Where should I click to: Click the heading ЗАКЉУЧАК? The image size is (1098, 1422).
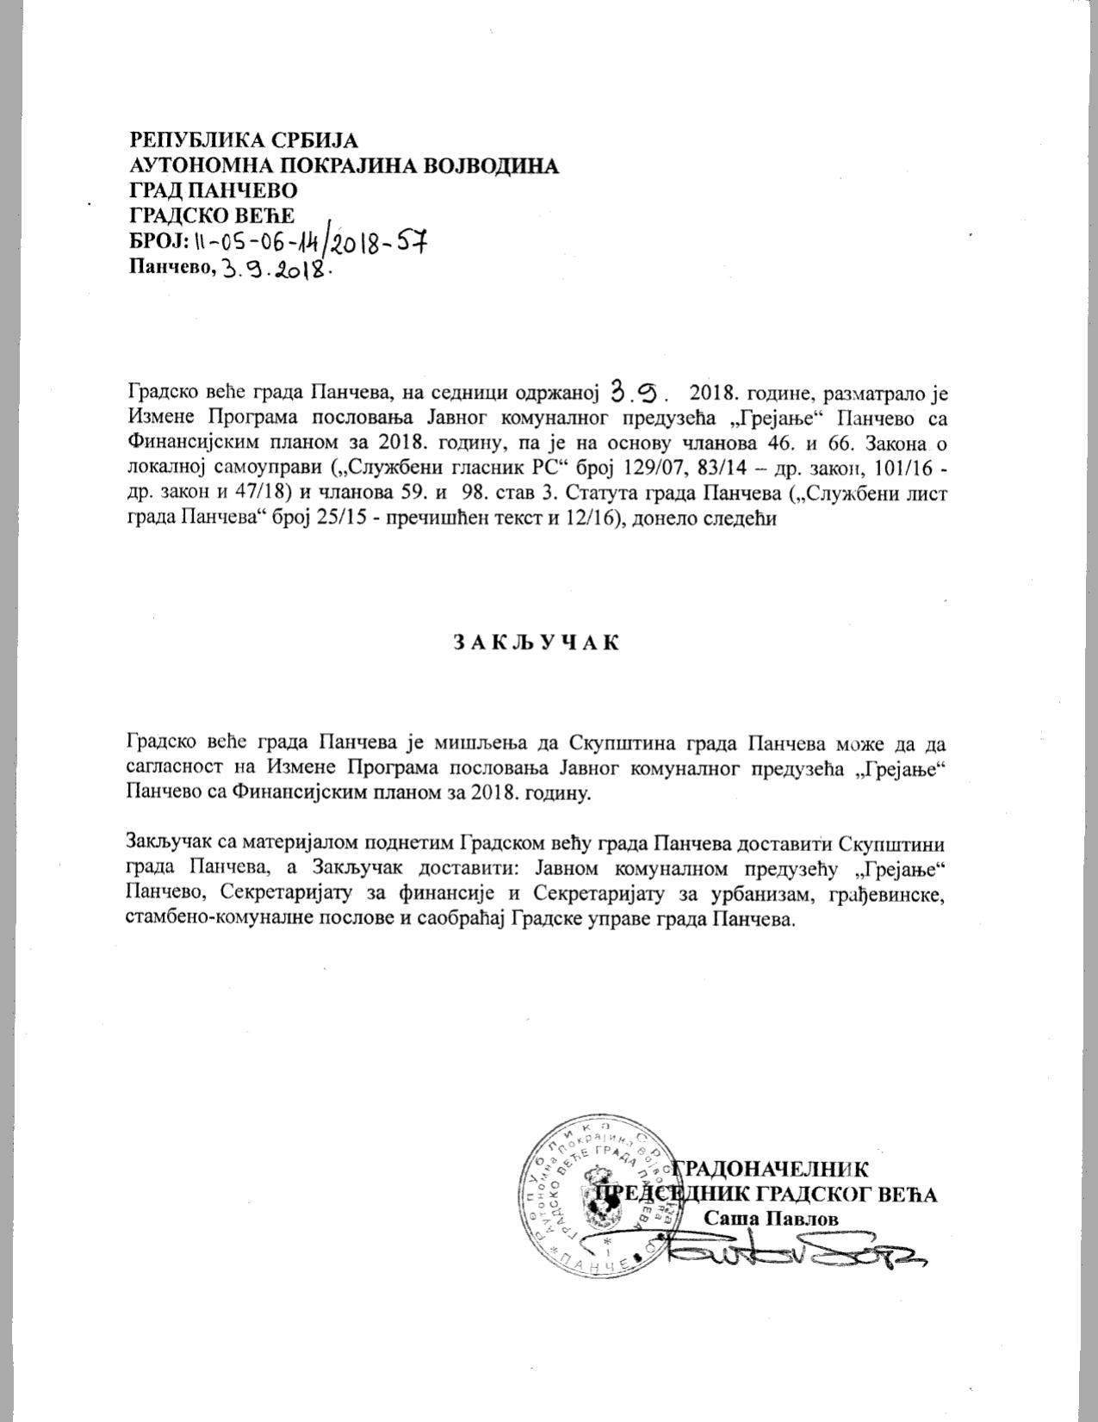click(536, 643)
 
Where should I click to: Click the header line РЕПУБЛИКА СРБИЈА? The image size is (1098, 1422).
click(244, 140)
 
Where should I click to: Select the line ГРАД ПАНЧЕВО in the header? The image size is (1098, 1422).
click(214, 189)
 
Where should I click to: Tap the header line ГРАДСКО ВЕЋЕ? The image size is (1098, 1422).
click(212, 214)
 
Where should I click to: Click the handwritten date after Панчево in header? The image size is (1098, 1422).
click(276, 268)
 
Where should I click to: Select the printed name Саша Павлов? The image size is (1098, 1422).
click(771, 1217)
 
